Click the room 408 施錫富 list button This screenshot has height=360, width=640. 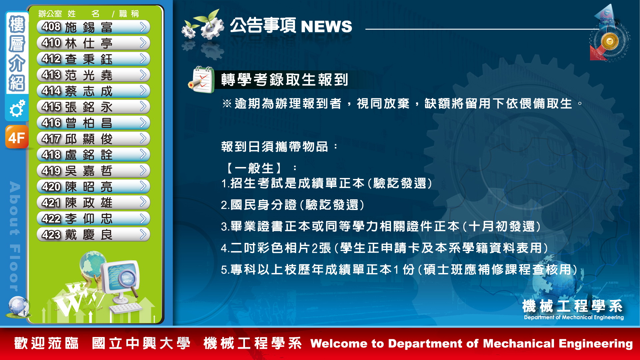(x=93, y=27)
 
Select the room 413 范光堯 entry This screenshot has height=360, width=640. (x=93, y=75)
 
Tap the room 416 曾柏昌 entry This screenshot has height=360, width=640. (x=93, y=123)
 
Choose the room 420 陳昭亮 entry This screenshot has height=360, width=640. (x=93, y=187)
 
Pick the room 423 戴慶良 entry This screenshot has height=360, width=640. (x=93, y=235)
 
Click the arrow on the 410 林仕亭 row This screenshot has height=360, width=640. (x=143, y=43)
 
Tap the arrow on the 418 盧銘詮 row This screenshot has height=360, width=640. (x=143, y=154)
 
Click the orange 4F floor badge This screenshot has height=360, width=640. (x=17, y=137)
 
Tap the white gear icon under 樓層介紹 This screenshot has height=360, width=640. (x=17, y=108)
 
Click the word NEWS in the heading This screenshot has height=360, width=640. (x=326, y=26)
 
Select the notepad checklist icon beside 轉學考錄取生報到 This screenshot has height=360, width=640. (x=201, y=80)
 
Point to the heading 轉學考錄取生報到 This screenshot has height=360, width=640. (x=284, y=80)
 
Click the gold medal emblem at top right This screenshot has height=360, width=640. (x=610, y=41)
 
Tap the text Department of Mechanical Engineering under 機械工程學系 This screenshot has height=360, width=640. (x=574, y=317)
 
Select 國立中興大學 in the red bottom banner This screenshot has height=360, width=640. (x=141, y=343)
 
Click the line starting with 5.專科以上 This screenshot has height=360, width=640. (x=399, y=270)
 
